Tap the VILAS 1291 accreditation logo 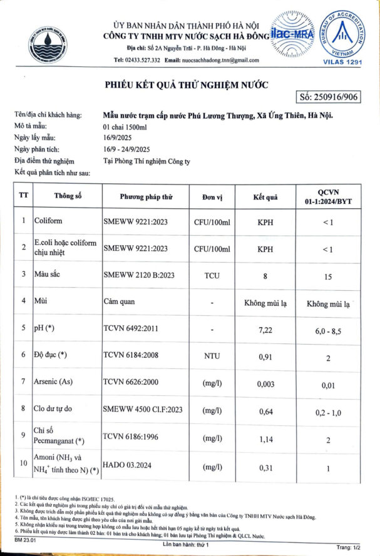pyautogui.click(x=342, y=34)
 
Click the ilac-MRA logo pyautogui.click(x=293, y=36)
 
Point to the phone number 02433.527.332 pyautogui.click(x=144, y=60)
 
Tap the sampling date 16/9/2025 pyautogui.click(x=116, y=138)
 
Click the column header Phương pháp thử pyautogui.click(x=146, y=197)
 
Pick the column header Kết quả pyautogui.click(x=265, y=197)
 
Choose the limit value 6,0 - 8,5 pyautogui.click(x=327, y=328)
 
